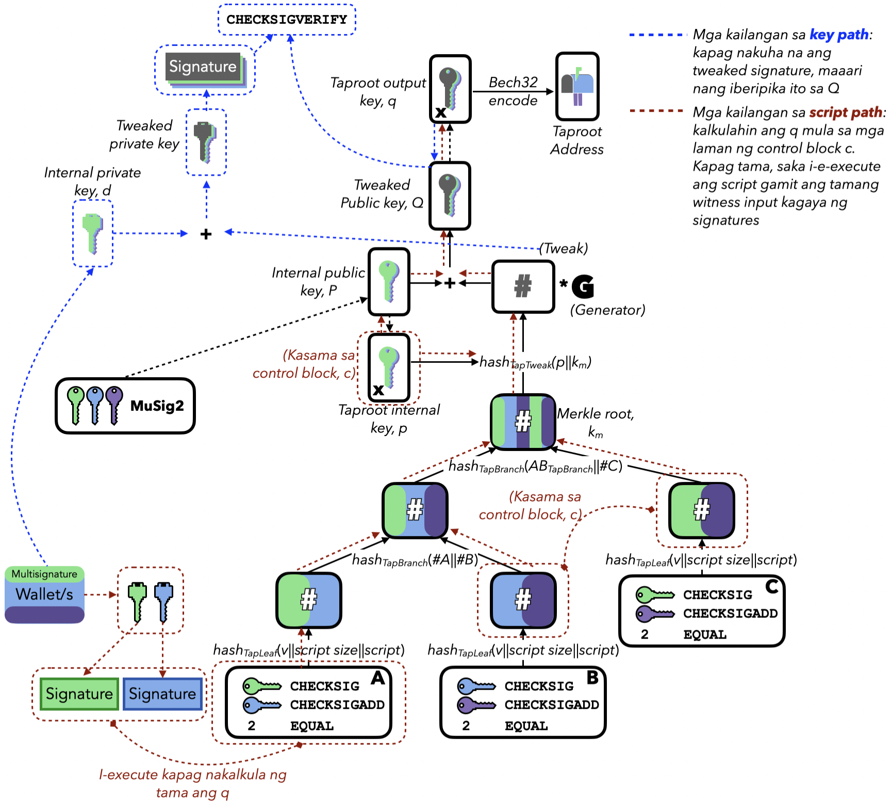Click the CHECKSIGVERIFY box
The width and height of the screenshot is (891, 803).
click(x=287, y=20)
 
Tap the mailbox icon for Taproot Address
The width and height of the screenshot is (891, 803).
click(x=577, y=87)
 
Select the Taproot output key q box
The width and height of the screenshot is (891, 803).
click(x=450, y=89)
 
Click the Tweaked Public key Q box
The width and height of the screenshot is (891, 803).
click(x=450, y=195)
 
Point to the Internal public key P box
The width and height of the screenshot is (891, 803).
click(x=389, y=281)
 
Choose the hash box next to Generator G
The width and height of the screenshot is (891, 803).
click(x=523, y=286)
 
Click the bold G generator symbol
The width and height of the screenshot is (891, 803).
click(x=583, y=287)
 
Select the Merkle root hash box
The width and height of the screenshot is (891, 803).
click(x=523, y=421)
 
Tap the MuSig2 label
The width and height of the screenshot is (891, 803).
click(x=157, y=406)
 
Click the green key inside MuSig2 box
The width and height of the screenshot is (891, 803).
click(x=76, y=404)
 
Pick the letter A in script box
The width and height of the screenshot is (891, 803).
click(x=378, y=678)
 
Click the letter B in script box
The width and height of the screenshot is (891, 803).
click(x=592, y=677)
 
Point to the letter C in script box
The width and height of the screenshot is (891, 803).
click(x=771, y=587)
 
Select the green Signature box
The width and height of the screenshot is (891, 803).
click(x=79, y=694)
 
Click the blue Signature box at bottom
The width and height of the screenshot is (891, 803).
click(x=162, y=694)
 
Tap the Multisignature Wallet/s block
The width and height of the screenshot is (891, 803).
click(x=44, y=594)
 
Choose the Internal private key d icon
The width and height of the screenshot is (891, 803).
click(x=93, y=233)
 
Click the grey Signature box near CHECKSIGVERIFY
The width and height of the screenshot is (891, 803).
click(x=203, y=66)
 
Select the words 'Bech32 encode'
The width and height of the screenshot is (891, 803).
click(x=513, y=91)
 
